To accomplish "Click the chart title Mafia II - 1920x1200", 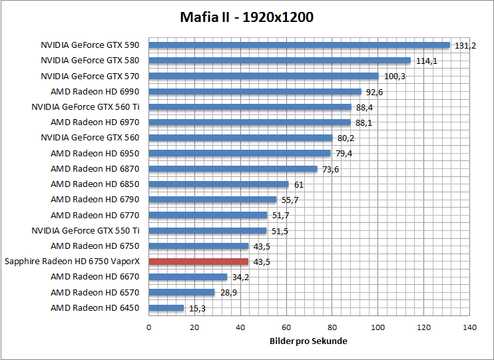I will pos(247,17).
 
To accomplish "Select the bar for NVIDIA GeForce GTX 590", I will pos(299,45).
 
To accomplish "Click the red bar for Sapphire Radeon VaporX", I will pos(198,262).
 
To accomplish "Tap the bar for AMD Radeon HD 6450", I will pos(166,308).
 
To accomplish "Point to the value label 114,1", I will pos(427,61).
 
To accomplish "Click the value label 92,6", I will pos(374,92).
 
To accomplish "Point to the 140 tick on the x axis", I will pos(469,327).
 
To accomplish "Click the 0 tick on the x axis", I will pos(148,327).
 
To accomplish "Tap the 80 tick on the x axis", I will pos(332,327).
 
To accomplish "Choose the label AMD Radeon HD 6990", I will pos(95,92).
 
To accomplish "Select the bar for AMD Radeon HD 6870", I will pos(233,169).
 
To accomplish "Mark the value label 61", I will pos(298,184).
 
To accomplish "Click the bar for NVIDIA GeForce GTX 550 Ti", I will pos(208,231).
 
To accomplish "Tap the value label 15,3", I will pos(197,308).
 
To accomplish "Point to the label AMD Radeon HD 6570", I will pos(95,292).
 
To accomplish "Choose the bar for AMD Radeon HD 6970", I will pos(250,122).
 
